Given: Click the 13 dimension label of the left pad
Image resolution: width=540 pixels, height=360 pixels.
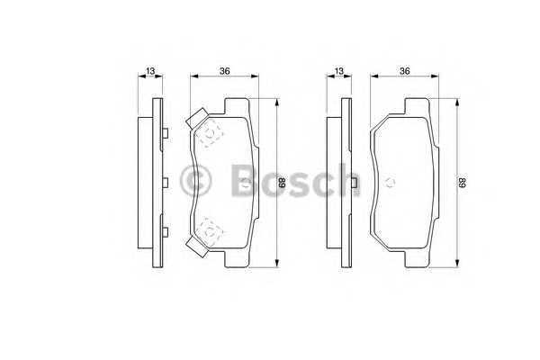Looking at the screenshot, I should tap(149, 70).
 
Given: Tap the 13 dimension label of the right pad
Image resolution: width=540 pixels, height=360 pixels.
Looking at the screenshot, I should tap(338, 70).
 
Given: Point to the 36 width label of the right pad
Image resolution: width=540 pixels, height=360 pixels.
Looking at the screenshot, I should tap(405, 70).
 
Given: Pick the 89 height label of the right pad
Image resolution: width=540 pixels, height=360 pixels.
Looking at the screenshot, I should tap(463, 183).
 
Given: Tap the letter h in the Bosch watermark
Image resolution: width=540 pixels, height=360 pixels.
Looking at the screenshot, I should tap(346, 180).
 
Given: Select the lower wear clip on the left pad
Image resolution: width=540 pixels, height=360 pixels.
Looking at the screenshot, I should tap(196, 244).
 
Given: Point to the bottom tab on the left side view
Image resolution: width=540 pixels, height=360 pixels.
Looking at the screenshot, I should tap(167, 231).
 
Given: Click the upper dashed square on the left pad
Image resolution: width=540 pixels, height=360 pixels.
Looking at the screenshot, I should tap(211, 134).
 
